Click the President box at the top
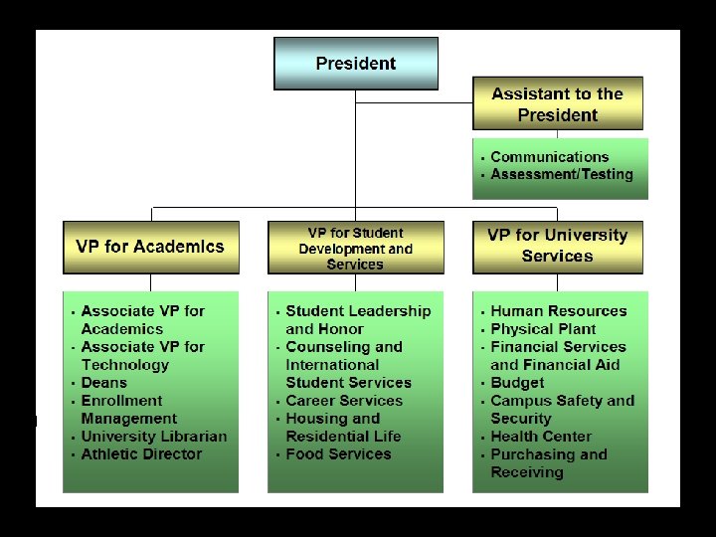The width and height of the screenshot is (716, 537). [x=356, y=64]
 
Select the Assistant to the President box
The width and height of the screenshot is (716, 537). [x=557, y=104]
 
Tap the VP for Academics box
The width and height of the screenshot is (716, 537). [x=150, y=247]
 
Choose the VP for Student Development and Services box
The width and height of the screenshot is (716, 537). [x=355, y=249]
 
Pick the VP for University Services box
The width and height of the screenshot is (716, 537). [x=557, y=246]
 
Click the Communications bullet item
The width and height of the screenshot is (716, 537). [x=549, y=157]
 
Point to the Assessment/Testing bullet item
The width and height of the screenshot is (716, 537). [x=561, y=175]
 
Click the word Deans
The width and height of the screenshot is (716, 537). [x=104, y=383]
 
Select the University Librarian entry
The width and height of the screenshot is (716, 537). [x=153, y=437]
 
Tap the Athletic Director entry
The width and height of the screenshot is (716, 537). [x=141, y=454]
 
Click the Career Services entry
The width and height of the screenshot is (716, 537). [x=344, y=401]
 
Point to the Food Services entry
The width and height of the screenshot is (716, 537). [x=338, y=454]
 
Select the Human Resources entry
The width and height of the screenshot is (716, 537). [x=558, y=311]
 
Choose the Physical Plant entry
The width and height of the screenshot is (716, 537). [x=543, y=329]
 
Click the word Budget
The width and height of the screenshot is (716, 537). [x=517, y=383]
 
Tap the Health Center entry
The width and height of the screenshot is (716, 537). [x=541, y=437]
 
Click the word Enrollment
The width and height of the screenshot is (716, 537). [x=121, y=401]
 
